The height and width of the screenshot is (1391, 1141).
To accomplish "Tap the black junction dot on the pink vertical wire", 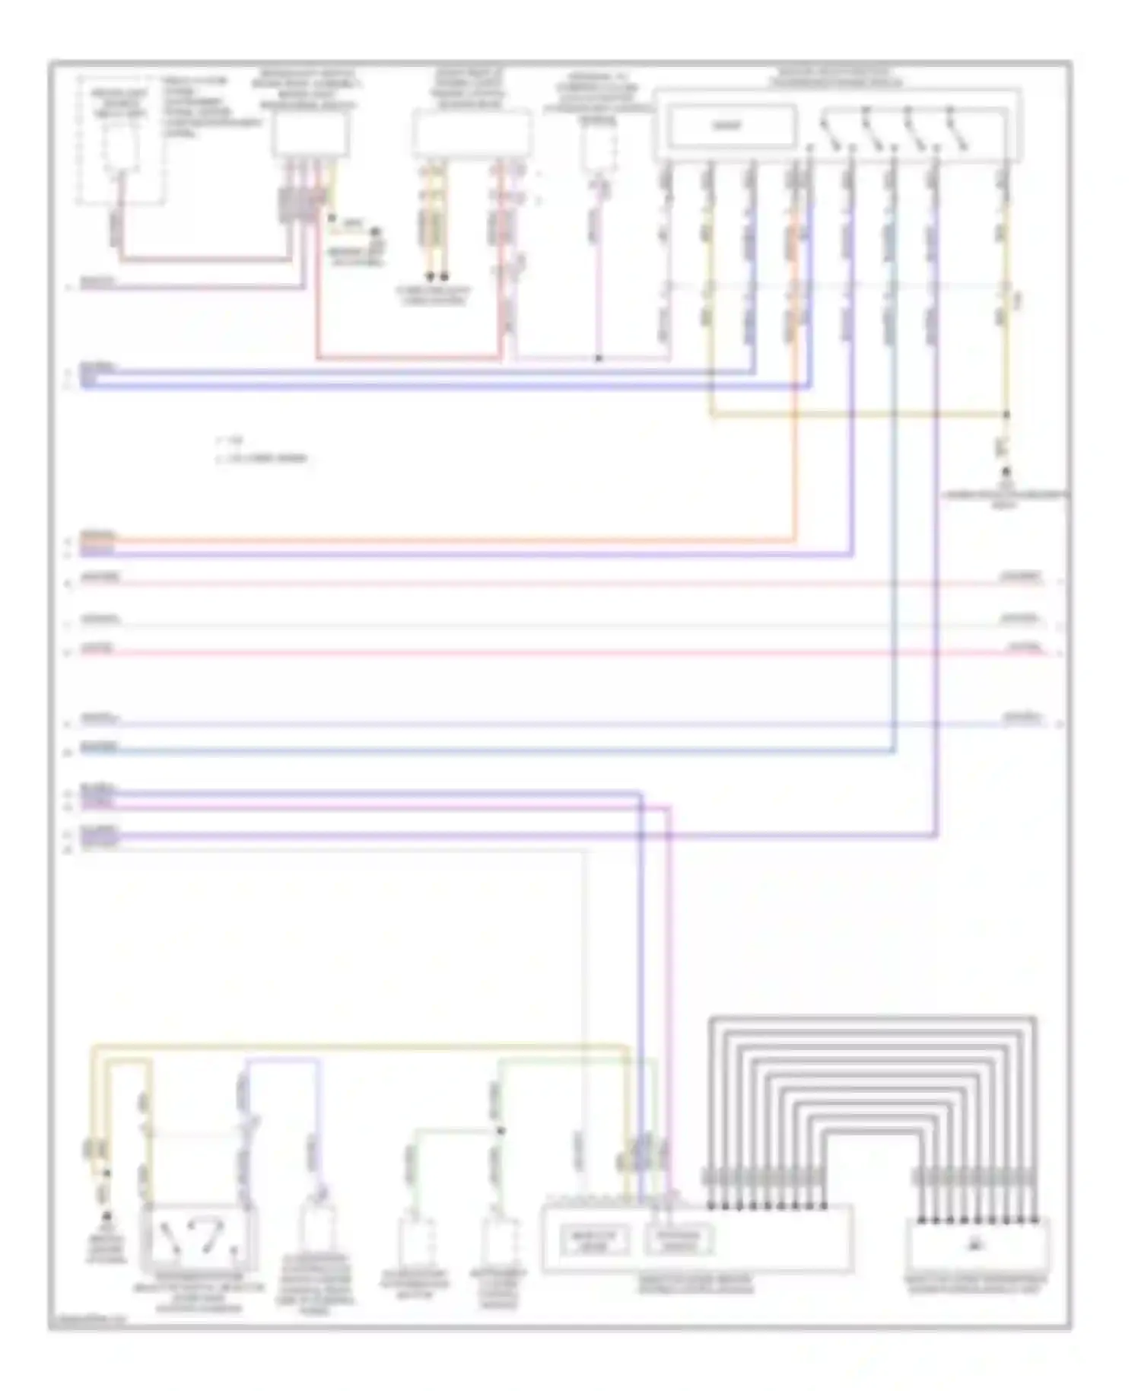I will (x=599, y=358).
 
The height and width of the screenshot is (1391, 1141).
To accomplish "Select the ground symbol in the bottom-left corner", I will (x=106, y=1218).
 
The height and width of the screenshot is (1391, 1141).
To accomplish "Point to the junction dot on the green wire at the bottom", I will (x=500, y=1132).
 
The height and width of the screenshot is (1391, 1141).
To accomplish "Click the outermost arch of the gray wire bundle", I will (x=872, y=1017).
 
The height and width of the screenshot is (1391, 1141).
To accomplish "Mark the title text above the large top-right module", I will (x=837, y=78).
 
